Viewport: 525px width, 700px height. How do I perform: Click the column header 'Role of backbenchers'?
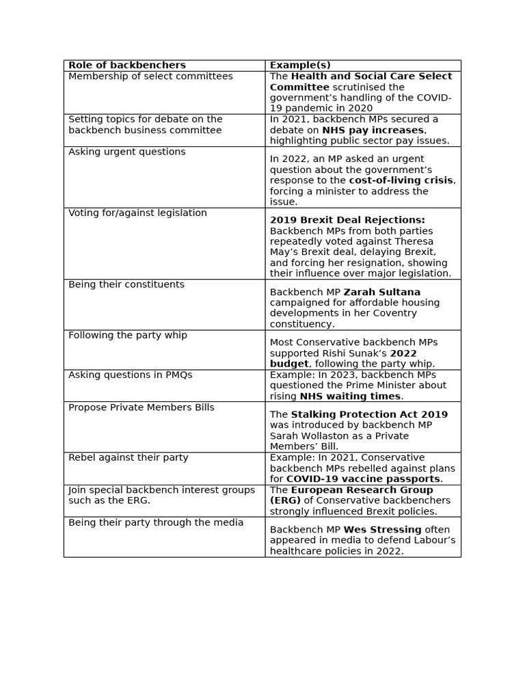(x=127, y=65)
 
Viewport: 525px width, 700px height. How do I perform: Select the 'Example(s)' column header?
(x=300, y=65)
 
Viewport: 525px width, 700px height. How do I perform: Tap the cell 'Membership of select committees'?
(x=150, y=76)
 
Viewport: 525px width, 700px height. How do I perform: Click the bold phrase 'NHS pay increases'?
(x=373, y=130)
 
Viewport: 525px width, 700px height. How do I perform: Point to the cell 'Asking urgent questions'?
(x=127, y=152)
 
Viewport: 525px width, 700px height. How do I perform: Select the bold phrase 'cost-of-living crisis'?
(x=401, y=180)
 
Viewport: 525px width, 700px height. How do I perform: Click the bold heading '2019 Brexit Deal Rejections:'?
(x=347, y=220)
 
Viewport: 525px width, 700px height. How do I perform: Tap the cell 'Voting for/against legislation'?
(x=137, y=213)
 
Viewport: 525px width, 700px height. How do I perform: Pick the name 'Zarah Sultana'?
(x=381, y=292)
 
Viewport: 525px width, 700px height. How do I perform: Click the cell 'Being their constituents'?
(x=126, y=284)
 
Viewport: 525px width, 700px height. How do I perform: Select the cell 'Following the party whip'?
(x=128, y=336)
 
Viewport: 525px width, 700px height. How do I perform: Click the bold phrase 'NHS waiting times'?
(x=350, y=396)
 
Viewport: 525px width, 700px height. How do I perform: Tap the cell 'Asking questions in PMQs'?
(x=131, y=375)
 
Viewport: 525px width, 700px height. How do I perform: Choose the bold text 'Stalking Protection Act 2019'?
(x=369, y=414)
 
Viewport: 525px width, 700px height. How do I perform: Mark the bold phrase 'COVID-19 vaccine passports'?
(x=363, y=479)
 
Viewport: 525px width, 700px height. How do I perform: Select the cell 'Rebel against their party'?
(x=129, y=457)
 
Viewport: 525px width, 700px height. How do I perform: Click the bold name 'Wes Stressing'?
(x=382, y=529)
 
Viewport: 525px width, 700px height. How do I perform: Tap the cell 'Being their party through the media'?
(x=156, y=522)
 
